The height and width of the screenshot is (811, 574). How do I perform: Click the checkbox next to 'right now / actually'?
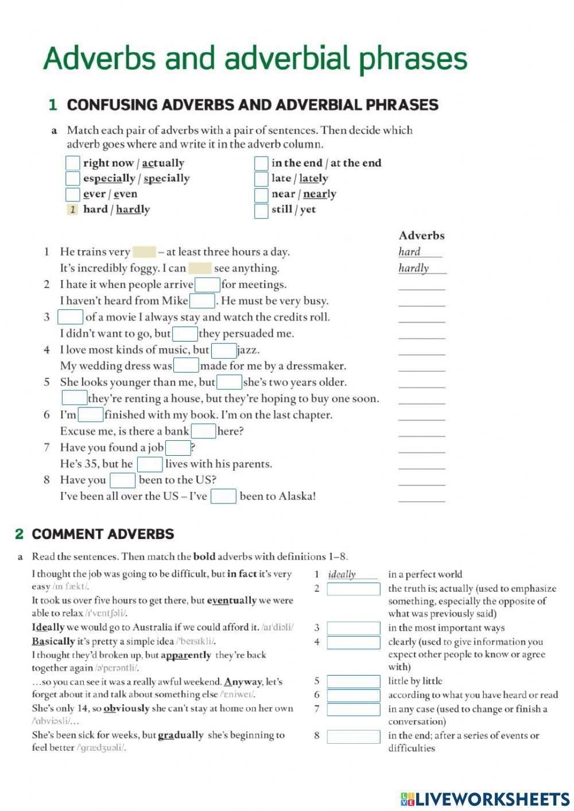(x=73, y=164)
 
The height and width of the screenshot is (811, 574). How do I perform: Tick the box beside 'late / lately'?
(x=261, y=179)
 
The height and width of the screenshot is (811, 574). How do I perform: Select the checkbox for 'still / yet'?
(x=261, y=210)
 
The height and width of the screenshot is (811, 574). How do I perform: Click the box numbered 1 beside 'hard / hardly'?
(x=73, y=209)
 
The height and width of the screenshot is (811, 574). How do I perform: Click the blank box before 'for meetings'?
(x=207, y=285)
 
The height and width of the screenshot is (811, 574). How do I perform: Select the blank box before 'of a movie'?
(x=71, y=317)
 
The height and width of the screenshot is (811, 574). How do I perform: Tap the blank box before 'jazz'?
(x=224, y=350)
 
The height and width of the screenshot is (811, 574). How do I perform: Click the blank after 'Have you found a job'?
(x=177, y=448)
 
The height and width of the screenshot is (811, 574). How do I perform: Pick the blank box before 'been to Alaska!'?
(x=223, y=496)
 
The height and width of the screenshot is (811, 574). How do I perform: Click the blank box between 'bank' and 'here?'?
(x=203, y=432)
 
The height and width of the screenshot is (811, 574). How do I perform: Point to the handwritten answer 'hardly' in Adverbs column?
(x=414, y=268)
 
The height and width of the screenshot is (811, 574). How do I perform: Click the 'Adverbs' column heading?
(x=421, y=235)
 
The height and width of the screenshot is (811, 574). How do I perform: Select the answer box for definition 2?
(x=353, y=589)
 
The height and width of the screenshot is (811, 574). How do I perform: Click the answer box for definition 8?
(x=353, y=736)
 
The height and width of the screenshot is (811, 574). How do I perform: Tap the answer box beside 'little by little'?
(x=353, y=681)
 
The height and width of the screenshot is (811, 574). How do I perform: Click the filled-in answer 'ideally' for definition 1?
(x=342, y=575)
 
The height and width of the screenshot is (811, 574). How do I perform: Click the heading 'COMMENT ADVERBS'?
(x=103, y=534)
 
